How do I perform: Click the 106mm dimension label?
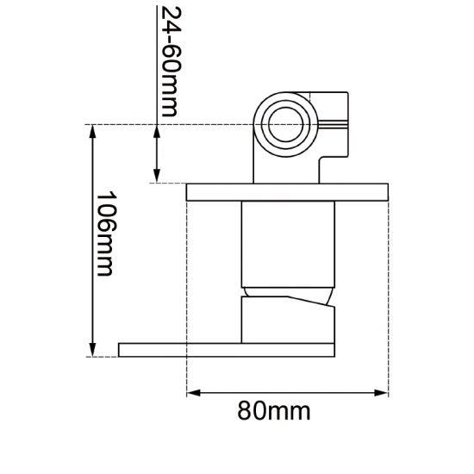pyautogui.click(x=104, y=234)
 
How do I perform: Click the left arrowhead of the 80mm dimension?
pyautogui.click(x=193, y=393)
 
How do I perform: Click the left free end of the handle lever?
pyautogui.click(x=122, y=349)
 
